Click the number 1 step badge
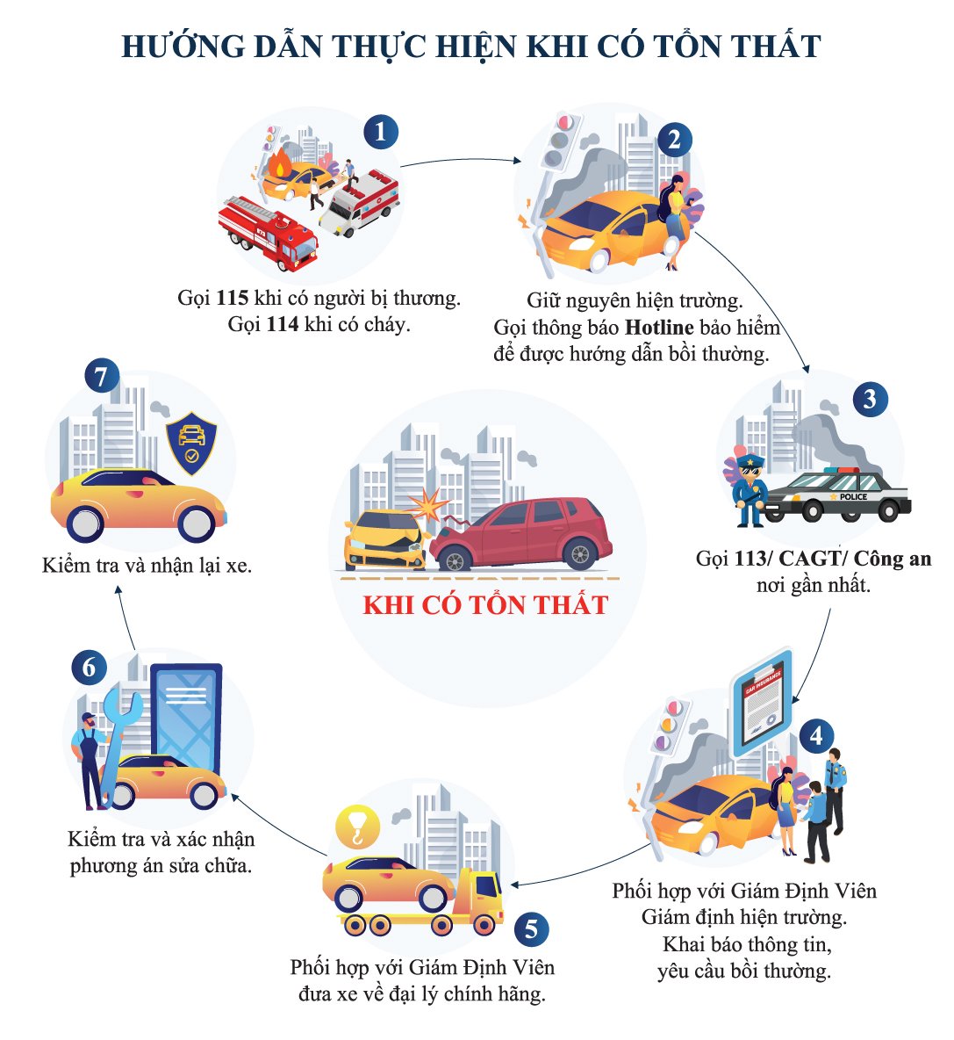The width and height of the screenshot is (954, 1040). pos(380,132)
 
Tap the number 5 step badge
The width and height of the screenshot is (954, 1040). pos(531,928)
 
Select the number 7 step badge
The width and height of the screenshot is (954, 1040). pos(101,376)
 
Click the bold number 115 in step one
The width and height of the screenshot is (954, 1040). pos(232,298)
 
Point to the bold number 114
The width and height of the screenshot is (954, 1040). pos(283,324)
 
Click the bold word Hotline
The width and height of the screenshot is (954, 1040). pos(659,328)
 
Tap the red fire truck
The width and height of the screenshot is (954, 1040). pos(268,232)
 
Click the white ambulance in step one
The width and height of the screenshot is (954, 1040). pos(359,202)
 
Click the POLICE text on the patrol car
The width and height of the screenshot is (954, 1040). pos(853,497)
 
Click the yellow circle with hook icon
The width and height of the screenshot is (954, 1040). pos(358,827)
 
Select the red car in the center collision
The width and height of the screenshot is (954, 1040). pos(520,534)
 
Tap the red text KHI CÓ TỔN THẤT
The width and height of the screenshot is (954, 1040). pos(485,605)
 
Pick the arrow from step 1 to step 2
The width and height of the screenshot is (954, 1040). pos(461,160)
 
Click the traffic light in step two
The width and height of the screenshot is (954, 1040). pos(558,142)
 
